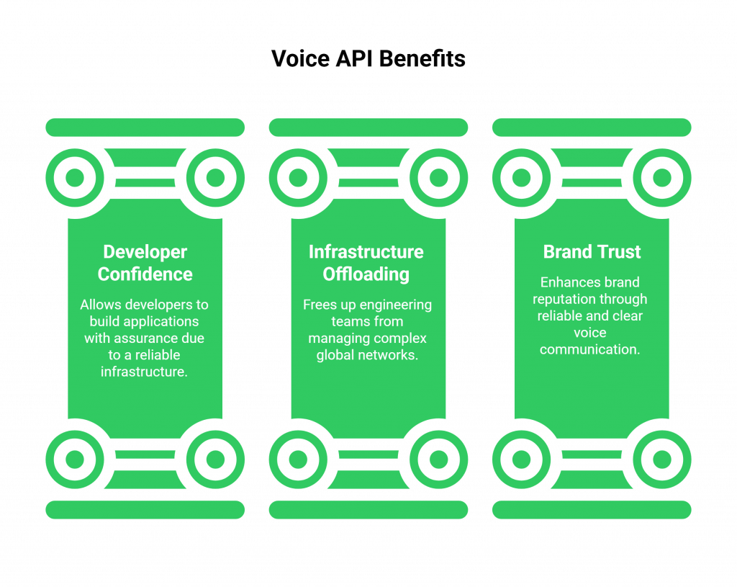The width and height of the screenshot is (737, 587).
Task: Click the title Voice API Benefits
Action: click(368, 58)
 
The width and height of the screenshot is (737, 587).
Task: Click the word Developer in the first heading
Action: click(145, 252)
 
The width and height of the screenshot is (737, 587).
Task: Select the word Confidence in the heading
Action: click(145, 274)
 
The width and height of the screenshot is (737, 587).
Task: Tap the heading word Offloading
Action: click(366, 274)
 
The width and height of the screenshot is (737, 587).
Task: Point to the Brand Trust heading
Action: click(592, 252)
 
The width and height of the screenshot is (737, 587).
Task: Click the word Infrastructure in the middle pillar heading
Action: click(366, 252)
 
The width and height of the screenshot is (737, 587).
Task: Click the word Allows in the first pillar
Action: click(100, 305)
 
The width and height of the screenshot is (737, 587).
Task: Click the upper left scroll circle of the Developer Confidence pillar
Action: click(74, 177)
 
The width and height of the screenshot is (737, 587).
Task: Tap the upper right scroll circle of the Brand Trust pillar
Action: click(662, 177)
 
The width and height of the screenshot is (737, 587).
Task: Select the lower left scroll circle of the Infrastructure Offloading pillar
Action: click(297, 459)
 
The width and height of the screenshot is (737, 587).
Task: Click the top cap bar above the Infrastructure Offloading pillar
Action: click(368, 127)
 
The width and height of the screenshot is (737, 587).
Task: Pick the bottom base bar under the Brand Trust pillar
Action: click(592, 509)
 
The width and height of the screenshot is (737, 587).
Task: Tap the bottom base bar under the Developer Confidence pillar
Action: click(145, 509)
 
